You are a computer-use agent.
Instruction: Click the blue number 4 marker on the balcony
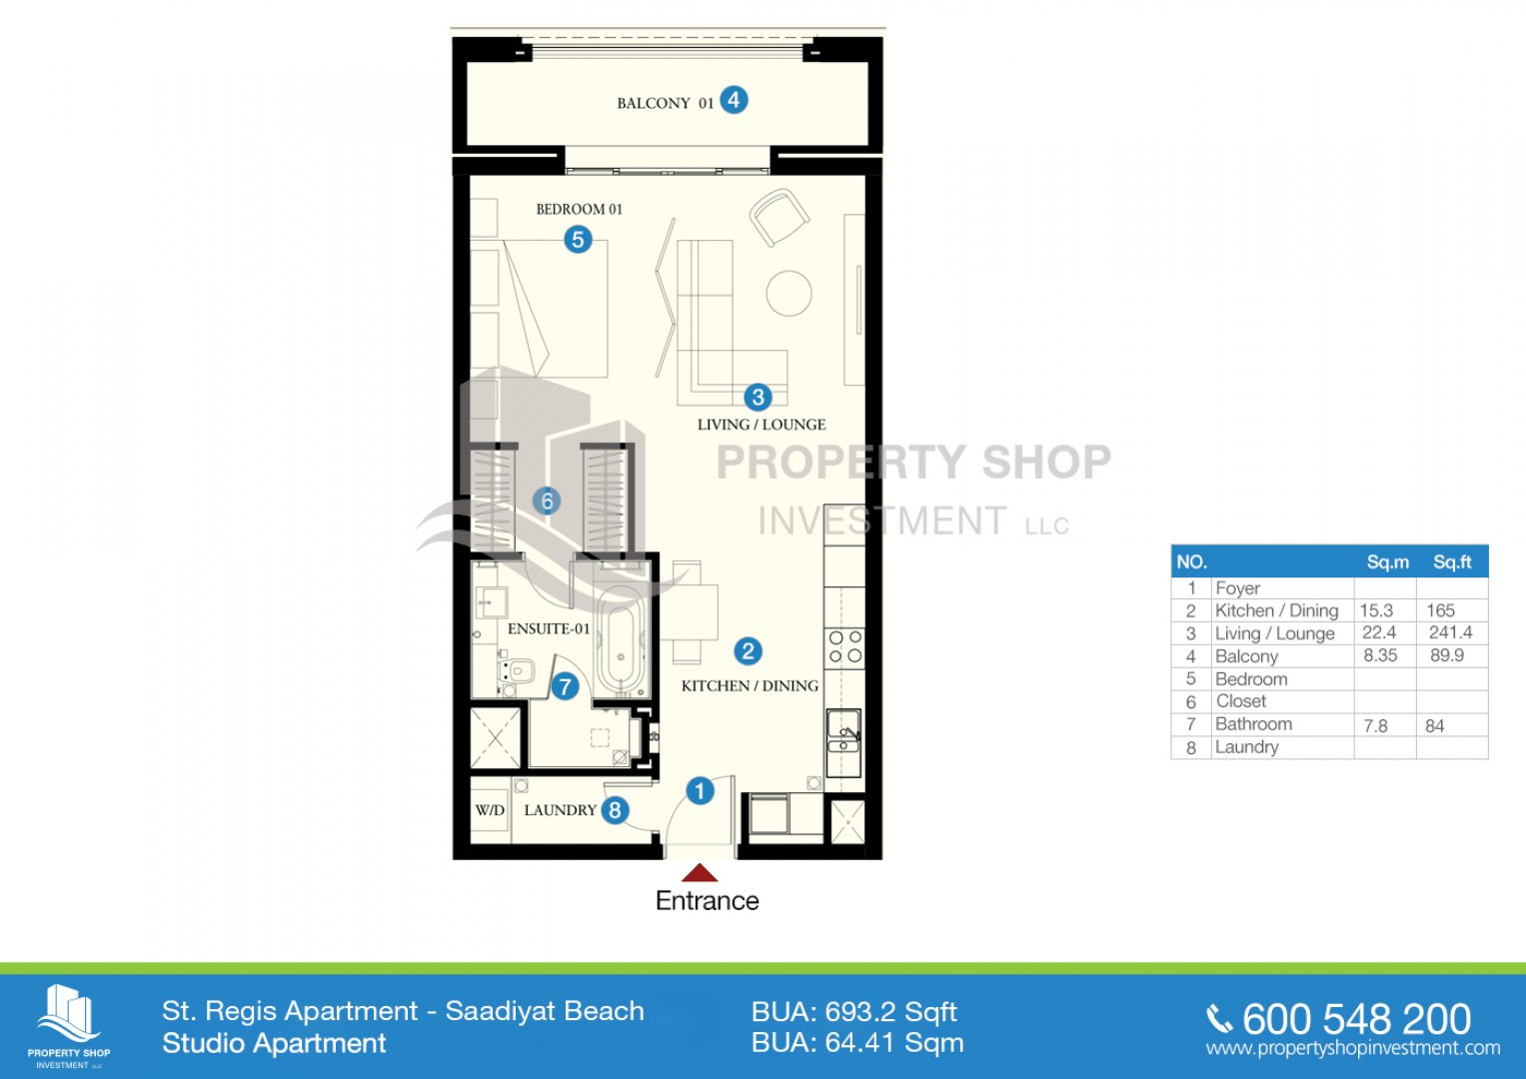pos(734,101)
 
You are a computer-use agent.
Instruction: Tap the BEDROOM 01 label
pos(579,209)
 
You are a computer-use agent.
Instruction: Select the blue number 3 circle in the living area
pos(758,397)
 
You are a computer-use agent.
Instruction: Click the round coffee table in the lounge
pos(788,293)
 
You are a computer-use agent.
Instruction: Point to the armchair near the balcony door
pos(779,217)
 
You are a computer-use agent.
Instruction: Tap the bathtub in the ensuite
pos(620,641)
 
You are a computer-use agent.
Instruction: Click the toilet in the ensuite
pos(518,670)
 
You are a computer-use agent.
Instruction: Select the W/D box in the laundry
pos(490,810)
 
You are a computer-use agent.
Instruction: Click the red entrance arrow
pos(699,872)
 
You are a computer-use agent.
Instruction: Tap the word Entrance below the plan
pos(708,900)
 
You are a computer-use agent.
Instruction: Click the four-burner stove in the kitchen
pos(844,647)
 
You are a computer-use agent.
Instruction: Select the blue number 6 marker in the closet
pos(547,502)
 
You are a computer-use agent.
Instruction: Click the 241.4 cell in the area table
pos(1450,632)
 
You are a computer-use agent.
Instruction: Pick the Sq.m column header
pos(1388,561)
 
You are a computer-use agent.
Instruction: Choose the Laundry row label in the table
pos(1247,747)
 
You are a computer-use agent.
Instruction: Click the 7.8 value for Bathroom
pos(1375,726)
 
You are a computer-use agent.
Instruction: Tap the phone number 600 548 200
pos(1356,1019)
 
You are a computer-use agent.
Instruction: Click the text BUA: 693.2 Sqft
pos(853,1013)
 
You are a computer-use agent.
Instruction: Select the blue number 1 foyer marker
pos(700,791)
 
